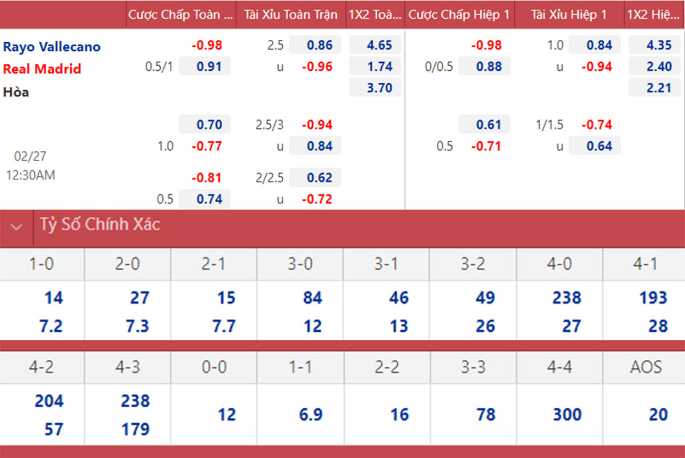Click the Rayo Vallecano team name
(x=52, y=47)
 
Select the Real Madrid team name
(x=42, y=69)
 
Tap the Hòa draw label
(x=16, y=92)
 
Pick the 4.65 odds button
(x=374, y=45)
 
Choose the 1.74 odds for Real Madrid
(x=374, y=67)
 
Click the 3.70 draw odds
(x=374, y=88)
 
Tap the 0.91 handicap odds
(x=205, y=67)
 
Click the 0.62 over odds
(x=315, y=178)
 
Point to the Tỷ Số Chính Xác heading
(x=100, y=225)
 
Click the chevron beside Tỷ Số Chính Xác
(x=17, y=227)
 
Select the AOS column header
(x=646, y=367)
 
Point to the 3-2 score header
(x=473, y=264)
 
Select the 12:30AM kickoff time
(x=31, y=175)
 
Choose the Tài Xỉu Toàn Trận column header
(x=291, y=15)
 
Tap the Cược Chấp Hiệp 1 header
(x=459, y=15)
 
